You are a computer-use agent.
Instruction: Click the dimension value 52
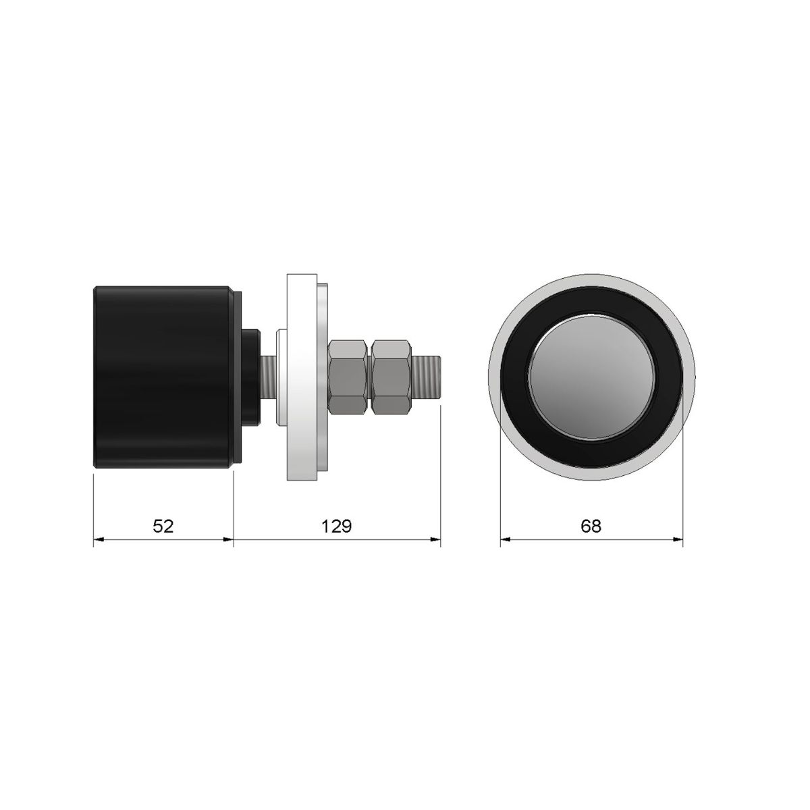163,526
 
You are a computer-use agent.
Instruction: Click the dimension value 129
336,526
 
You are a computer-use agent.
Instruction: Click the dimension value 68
591,526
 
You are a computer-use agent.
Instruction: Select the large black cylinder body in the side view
162,378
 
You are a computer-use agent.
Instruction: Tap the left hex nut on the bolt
348,377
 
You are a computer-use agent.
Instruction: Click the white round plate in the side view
302,378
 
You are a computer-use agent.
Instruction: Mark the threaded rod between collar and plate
267,377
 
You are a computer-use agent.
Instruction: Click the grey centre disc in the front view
591,378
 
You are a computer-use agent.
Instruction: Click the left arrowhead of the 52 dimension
97,539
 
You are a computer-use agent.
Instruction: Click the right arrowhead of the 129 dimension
436,539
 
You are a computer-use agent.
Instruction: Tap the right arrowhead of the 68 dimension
678,539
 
